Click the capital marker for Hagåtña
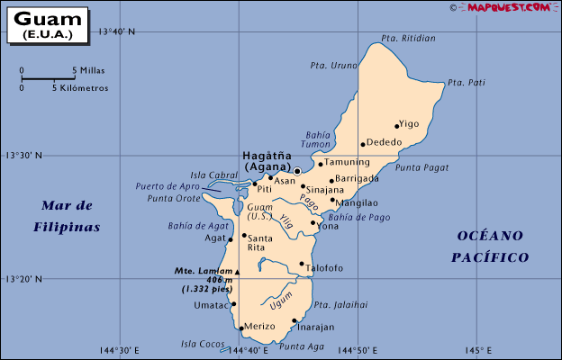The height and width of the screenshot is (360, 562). point(297,170)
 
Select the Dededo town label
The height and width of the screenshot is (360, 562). point(385,142)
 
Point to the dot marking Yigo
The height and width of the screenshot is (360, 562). point(396,126)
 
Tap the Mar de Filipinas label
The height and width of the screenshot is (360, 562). point(67,216)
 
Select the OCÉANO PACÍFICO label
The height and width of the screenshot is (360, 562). point(489,246)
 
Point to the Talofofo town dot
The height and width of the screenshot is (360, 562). point(302,265)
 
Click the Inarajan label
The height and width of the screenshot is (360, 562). point(315,327)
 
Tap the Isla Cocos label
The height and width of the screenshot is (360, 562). point(202,343)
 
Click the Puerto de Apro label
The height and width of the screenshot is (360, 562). point(168,186)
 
